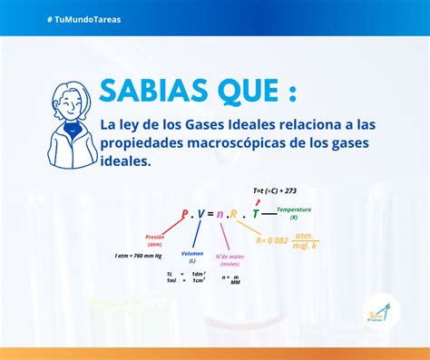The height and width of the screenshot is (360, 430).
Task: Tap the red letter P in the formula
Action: [184, 214]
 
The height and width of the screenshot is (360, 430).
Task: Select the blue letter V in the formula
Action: [200, 214]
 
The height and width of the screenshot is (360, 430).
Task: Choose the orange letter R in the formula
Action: [234, 214]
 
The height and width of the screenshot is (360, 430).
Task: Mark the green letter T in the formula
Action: [256, 214]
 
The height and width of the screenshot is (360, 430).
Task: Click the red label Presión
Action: [154, 239]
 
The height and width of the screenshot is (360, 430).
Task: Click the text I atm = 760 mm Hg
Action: [137, 256]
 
